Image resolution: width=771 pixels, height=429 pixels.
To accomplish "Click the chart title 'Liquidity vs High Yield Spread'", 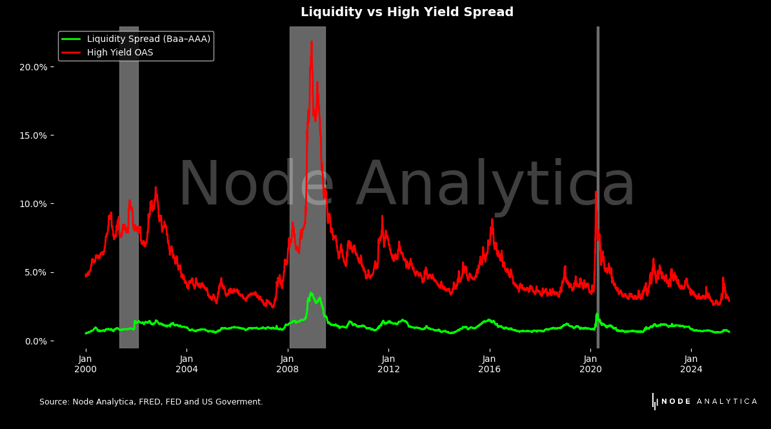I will tap(406, 12).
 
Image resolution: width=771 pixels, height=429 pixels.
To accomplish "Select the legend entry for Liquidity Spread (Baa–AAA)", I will tap(148, 39).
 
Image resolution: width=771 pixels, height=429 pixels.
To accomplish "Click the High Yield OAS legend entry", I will tap(120, 53).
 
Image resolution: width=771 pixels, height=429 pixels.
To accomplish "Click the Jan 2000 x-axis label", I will tap(85, 364).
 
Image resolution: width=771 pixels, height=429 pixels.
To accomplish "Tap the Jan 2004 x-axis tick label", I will tap(186, 364).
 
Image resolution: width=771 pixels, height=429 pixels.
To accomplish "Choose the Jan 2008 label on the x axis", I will tap(288, 364).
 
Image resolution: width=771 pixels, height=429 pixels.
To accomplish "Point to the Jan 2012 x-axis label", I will tap(388, 364).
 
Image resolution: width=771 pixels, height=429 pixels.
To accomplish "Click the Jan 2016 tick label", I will tap(490, 364).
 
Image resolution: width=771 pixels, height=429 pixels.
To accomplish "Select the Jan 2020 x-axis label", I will tap(590, 364).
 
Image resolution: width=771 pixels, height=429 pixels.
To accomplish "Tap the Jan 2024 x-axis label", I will tap(692, 364).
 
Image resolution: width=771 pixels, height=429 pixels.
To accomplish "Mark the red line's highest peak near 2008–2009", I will tap(312, 43).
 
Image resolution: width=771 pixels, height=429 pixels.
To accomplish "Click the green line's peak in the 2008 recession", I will tap(311, 293).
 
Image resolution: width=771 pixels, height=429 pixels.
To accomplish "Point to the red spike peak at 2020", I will tap(596, 192).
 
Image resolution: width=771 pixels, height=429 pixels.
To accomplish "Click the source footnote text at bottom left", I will tap(151, 402).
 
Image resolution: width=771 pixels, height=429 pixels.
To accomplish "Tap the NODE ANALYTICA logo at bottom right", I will tap(705, 401).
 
